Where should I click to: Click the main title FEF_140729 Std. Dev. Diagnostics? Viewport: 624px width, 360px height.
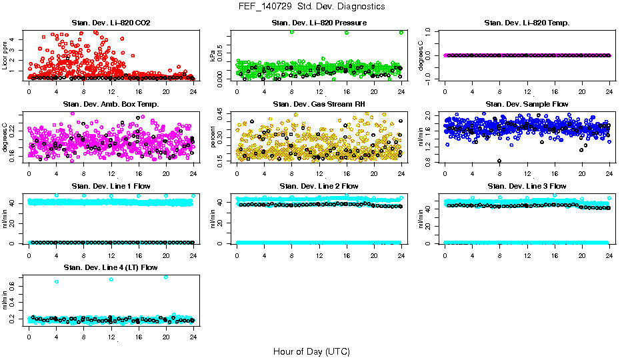[x=311, y=7]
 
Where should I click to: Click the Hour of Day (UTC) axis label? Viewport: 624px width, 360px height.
[x=311, y=351]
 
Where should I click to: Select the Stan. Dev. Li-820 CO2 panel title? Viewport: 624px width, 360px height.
[x=111, y=23]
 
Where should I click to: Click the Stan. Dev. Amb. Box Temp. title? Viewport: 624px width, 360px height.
[x=111, y=105]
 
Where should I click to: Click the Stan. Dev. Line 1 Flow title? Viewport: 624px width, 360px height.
[x=111, y=186]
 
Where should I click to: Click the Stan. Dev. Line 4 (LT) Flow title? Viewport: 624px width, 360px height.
[x=111, y=267]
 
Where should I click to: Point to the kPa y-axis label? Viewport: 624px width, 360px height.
[x=213, y=55]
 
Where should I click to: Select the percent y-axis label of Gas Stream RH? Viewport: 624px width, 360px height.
[x=213, y=137]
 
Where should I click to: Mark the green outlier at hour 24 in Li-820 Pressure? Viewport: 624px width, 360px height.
[x=401, y=32]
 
